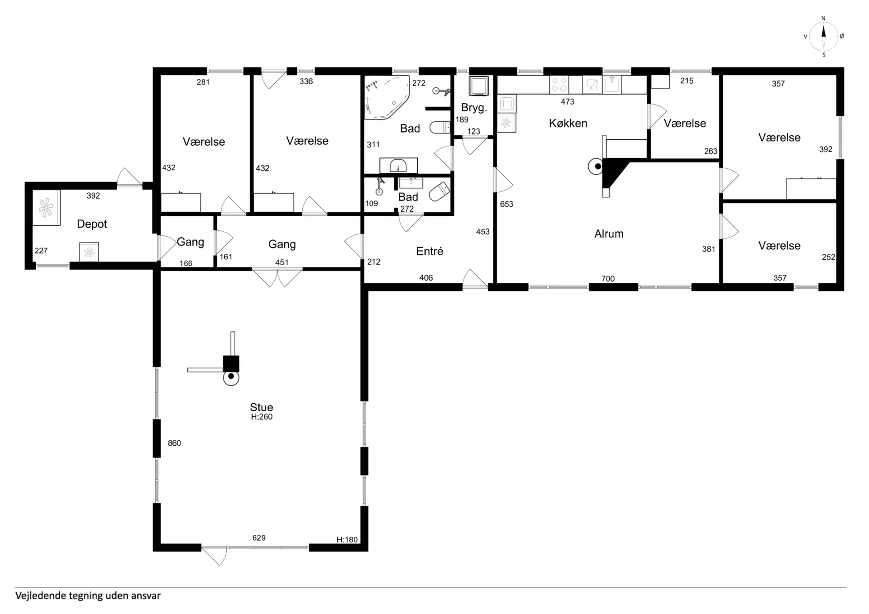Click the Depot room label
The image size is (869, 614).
[92, 224]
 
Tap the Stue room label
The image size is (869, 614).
[262, 407]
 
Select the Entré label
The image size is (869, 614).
[430, 251]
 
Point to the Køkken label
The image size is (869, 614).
[568, 123]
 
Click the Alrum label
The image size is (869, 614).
[609, 234]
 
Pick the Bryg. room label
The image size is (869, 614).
[474, 108]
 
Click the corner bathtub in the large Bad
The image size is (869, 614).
[387, 97]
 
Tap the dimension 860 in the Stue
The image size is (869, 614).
[174, 443]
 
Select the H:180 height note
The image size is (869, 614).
[347, 539]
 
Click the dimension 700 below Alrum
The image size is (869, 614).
[608, 279]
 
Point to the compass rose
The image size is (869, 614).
[823, 37]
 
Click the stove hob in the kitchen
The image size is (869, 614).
[559, 85]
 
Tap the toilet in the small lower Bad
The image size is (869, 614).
[439, 191]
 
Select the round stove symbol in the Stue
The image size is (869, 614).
[231, 377]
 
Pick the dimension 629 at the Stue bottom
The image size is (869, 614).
[259, 538]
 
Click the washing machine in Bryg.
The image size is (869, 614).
[478, 86]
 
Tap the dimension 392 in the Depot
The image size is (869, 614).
[93, 196]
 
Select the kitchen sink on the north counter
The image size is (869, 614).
[611, 85]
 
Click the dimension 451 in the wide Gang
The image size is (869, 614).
[282, 262]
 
